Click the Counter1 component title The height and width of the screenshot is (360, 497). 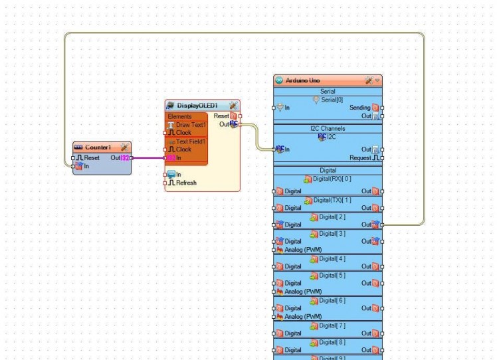(x=98, y=147)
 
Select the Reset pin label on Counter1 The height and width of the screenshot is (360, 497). (x=92, y=158)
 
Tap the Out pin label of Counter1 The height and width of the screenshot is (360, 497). (x=116, y=158)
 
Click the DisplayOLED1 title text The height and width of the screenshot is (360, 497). (x=197, y=106)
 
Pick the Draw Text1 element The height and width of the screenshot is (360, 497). (x=191, y=125)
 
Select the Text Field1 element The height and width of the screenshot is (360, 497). (x=191, y=141)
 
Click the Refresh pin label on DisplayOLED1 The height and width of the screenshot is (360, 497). (x=186, y=183)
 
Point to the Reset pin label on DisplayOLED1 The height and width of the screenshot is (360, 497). (x=221, y=116)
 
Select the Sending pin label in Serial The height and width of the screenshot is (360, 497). (x=359, y=108)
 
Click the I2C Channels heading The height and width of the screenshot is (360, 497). (x=328, y=128)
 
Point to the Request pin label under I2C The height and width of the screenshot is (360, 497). (x=361, y=158)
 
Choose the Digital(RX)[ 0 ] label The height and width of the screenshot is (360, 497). (x=333, y=179)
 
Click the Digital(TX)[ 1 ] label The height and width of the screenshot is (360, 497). (x=333, y=200)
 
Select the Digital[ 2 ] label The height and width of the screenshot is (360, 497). (x=332, y=217)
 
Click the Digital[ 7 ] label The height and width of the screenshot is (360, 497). (x=332, y=325)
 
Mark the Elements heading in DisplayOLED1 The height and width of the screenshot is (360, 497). (x=179, y=117)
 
